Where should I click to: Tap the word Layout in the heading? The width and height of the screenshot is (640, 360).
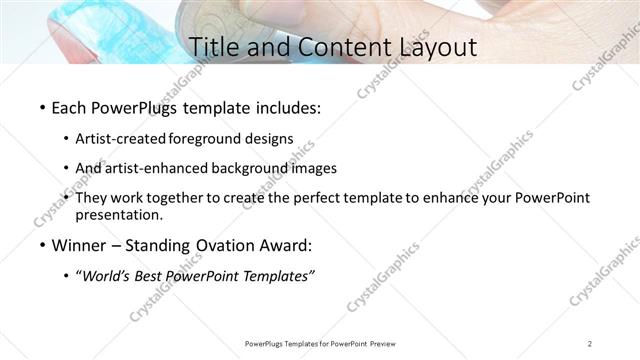427,46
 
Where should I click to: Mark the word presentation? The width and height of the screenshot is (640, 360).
118,215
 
